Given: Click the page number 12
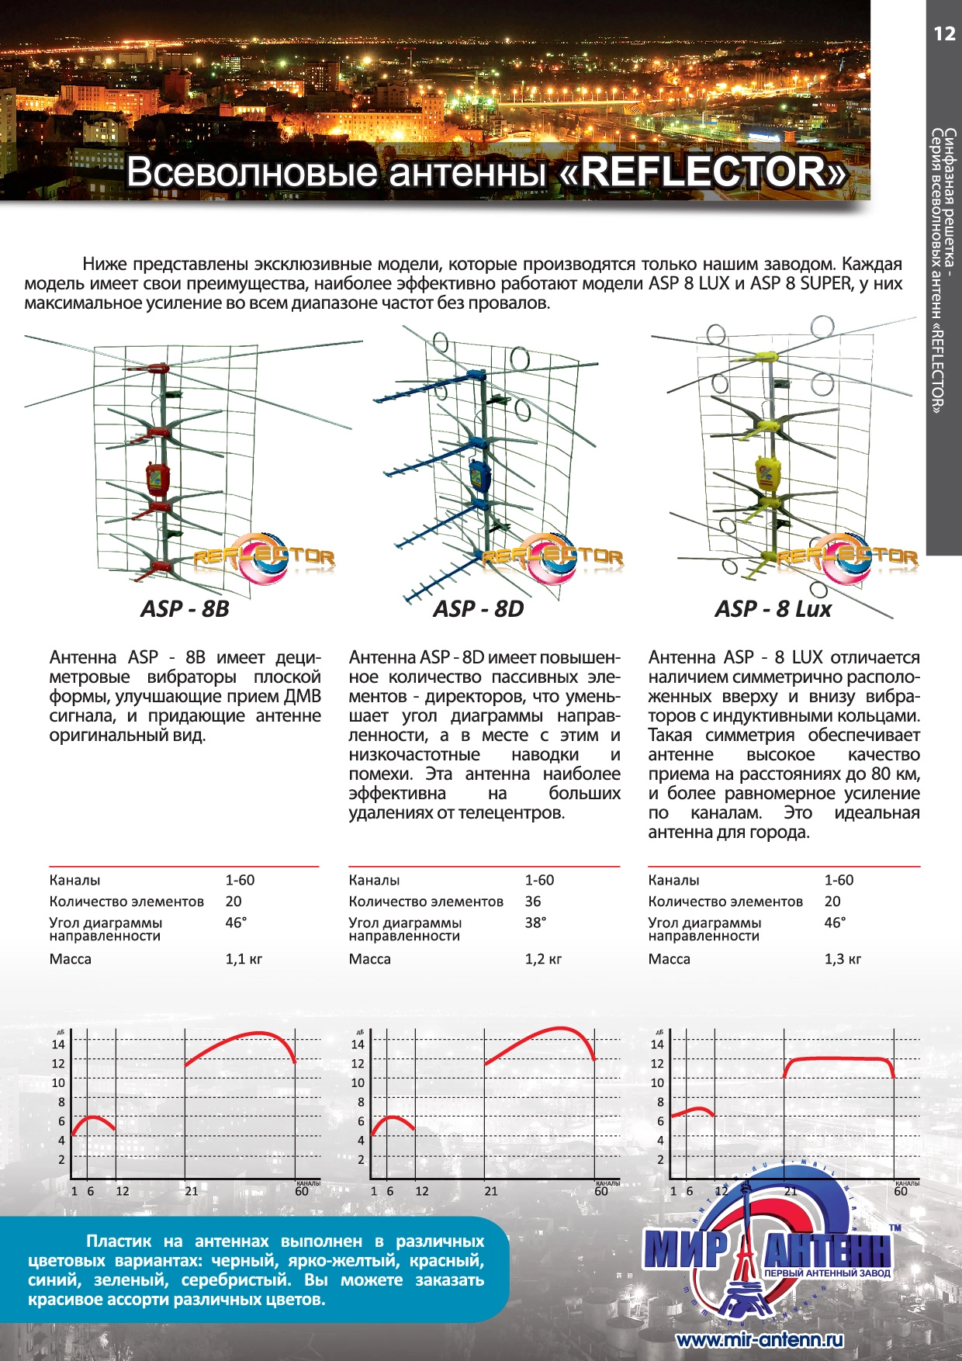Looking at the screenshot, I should point(944,33).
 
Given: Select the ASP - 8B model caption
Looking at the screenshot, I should point(185,609).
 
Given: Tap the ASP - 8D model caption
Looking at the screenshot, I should point(478,609).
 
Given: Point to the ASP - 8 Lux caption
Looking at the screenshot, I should point(773,609).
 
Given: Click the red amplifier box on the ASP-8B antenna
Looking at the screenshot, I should point(157,479).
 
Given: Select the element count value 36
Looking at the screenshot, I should point(533,902).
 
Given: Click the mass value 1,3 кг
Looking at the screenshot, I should point(843,959).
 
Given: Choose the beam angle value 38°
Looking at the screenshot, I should point(535,923).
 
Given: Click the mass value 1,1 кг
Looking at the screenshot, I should point(244,959).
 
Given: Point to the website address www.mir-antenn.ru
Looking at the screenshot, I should point(759,1340).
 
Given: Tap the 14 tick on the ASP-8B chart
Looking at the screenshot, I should point(58,1044).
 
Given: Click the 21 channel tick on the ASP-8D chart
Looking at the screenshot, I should point(490,1191).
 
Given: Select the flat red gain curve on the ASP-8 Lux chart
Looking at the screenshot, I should point(838,1058).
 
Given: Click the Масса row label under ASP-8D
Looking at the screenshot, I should point(369,959).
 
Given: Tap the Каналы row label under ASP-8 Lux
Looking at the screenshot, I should point(673,881).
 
